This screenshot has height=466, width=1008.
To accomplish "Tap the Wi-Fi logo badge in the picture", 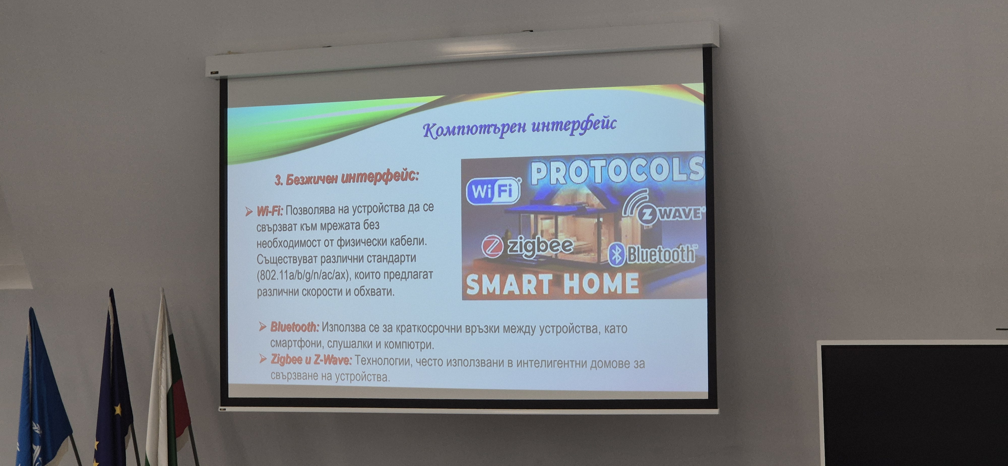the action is (x=493, y=191).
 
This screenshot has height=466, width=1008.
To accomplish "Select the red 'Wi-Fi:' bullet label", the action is (x=270, y=211).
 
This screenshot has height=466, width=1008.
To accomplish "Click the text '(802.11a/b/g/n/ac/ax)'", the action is (x=302, y=275).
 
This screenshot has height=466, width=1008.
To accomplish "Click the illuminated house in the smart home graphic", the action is (x=568, y=231).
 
